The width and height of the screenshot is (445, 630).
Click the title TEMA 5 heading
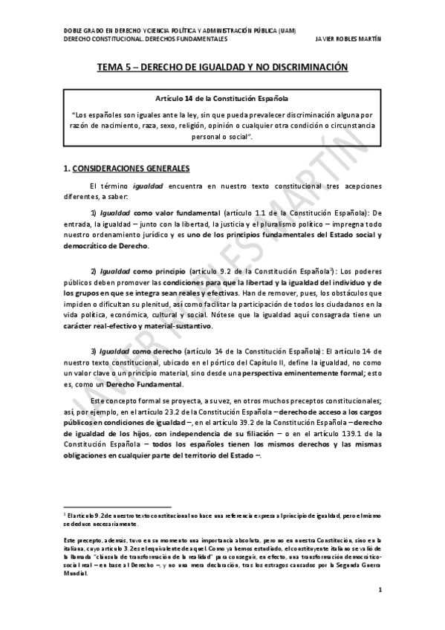point(222,67)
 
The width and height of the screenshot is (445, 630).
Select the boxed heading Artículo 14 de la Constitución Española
point(222,98)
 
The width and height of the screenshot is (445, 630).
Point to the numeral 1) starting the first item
point(94,212)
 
